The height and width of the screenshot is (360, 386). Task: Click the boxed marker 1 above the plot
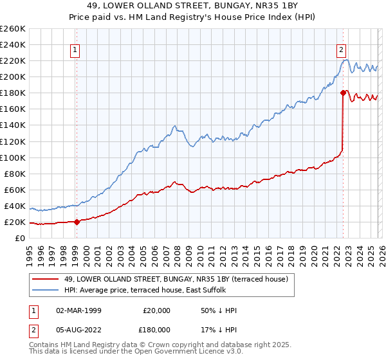click(x=76, y=49)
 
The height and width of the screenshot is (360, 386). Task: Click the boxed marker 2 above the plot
click(x=340, y=49)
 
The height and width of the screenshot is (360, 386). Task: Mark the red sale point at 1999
click(x=77, y=222)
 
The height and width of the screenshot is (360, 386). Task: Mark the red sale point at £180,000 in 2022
click(x=343, y=93)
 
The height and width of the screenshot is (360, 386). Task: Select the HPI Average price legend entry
click(x=145, y=291)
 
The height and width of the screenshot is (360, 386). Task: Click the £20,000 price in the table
click(x=156, y=310)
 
